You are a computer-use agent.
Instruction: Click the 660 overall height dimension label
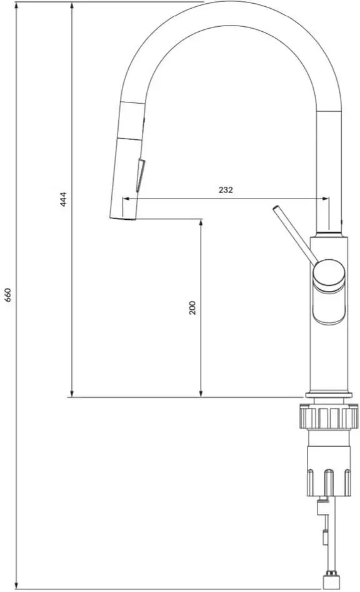(x=8, y=295)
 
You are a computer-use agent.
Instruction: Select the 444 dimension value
(x=63, y=199)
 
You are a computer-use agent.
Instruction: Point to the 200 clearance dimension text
(x=192, y=307)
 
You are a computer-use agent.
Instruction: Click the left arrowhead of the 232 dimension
(x=125, y=199)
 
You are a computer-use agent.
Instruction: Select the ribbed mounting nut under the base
(x=329, y=417)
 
